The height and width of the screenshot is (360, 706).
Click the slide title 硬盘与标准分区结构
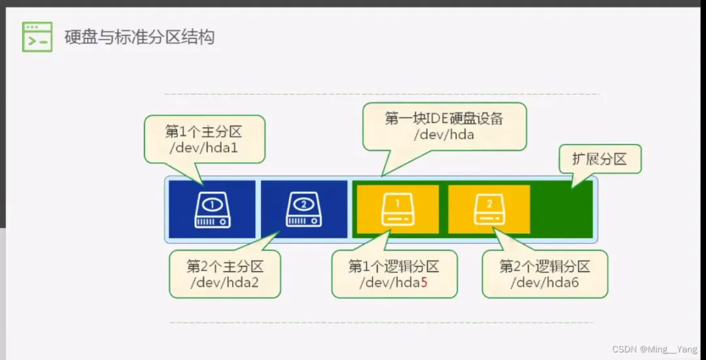[x=139, y=37]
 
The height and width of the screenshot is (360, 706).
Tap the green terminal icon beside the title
[x=37, y=37]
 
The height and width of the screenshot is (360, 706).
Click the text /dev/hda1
[x=203, y=148]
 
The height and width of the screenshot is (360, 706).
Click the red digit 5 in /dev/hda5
[x=424, y=283]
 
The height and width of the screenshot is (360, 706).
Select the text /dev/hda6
[x=545, y=283]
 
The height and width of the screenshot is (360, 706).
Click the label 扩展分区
[x=599, y=159]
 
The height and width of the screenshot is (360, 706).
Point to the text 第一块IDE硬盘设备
[x=444, y=118]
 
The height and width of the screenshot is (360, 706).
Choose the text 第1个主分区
[x=203, y=131]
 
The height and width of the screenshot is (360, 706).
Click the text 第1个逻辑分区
[x=394, y=267]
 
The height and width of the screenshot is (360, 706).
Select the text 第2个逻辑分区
[x=545, y=267]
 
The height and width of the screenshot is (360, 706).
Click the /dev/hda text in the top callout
[x=444, y=135]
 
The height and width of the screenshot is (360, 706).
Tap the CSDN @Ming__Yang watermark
[x=654, y=350]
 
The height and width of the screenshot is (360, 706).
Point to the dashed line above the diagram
[x=379, y=94]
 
